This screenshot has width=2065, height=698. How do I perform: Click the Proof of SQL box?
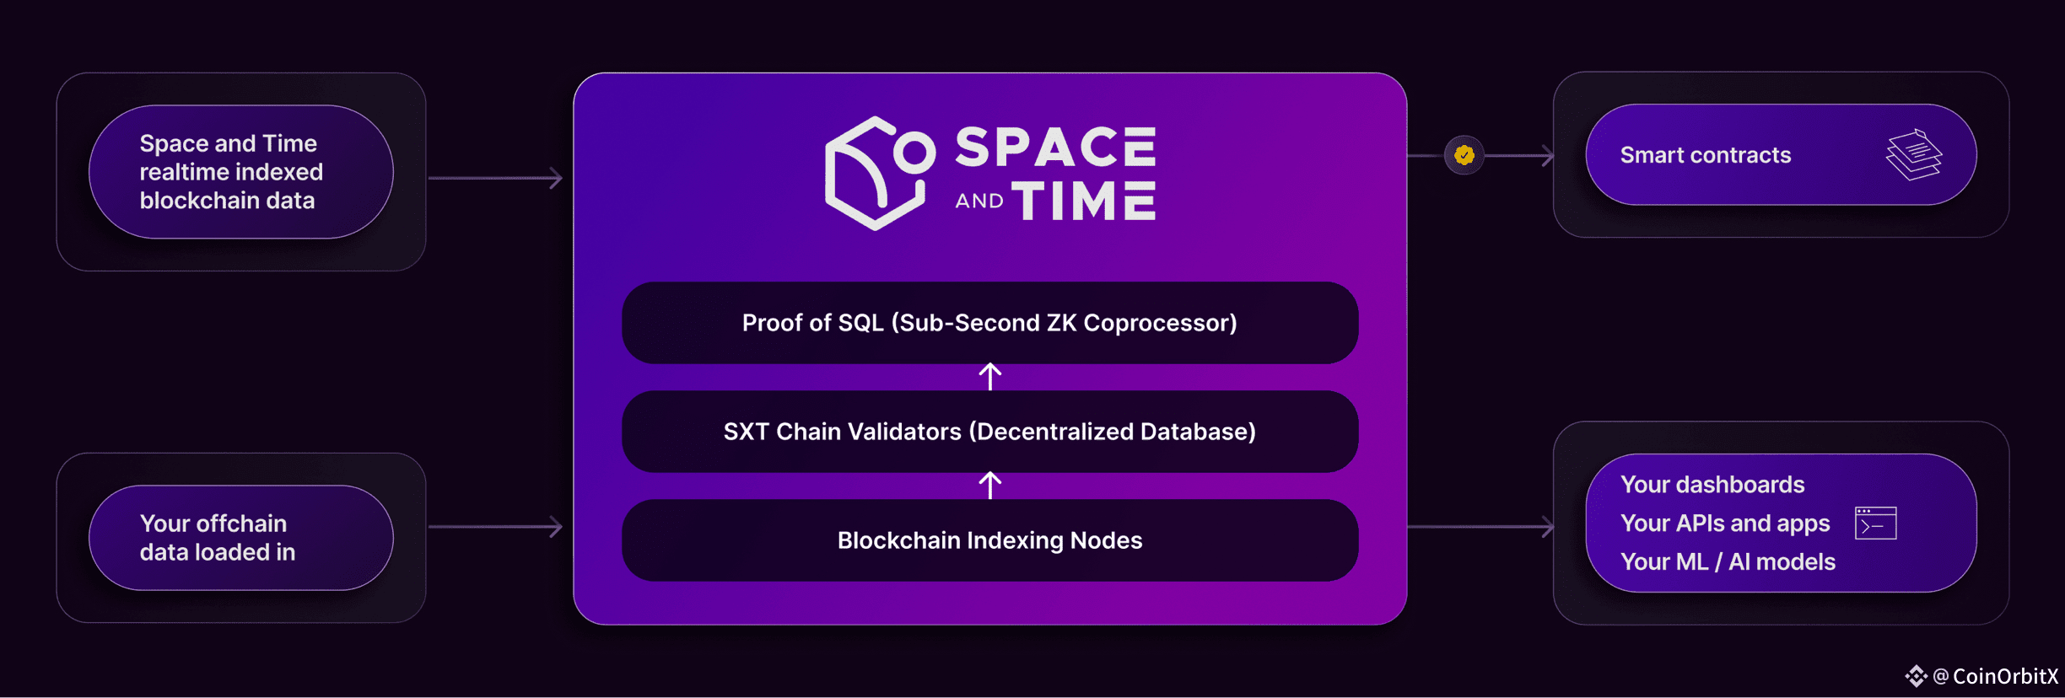(x=989, y=323)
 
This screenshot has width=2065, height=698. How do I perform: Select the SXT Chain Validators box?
(x=989, y=432)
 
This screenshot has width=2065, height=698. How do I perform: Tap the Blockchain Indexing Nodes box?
(x=989, y=540)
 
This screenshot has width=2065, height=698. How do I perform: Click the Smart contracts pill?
(x=1781, y=155)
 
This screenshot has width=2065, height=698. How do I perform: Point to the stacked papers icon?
(x=1914, y=154)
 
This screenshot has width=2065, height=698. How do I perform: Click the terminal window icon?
(x=1876, y=523)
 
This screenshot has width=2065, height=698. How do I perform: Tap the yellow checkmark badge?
(x=1464, y=155)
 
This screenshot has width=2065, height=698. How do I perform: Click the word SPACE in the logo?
(x=1055, y=148)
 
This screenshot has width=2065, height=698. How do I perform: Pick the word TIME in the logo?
(x=1084, y=201)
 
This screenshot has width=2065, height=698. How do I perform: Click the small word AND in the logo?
(x=979, y=201)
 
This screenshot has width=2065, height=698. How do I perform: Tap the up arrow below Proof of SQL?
(x=990, y=377)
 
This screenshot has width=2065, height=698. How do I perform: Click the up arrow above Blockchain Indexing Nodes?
(x=990, y=486)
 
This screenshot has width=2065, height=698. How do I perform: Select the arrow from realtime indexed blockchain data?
(x=495, y=178)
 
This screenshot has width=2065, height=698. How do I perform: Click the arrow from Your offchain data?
(x=495, y=527)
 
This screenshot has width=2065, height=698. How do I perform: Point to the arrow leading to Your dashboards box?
(x=1480, y=527)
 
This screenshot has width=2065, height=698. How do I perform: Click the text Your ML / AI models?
(x=1728, y=561)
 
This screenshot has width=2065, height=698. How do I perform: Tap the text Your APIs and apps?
(x=1725, y=523)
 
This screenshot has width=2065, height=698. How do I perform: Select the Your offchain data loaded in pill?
(x=241, y=538)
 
